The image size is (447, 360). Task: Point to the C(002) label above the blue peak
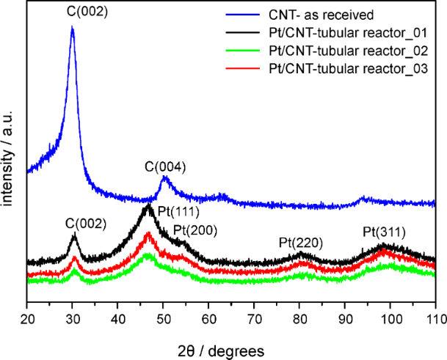(x=73, y=13)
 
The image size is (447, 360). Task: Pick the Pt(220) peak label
(x=300, y=243)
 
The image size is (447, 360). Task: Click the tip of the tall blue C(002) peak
(x=72, y=27)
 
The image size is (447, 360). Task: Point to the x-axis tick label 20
(x=26, y=319)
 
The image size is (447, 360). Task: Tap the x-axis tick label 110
(x=435, y=319)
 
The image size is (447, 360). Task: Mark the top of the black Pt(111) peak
(x=148, y=206)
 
